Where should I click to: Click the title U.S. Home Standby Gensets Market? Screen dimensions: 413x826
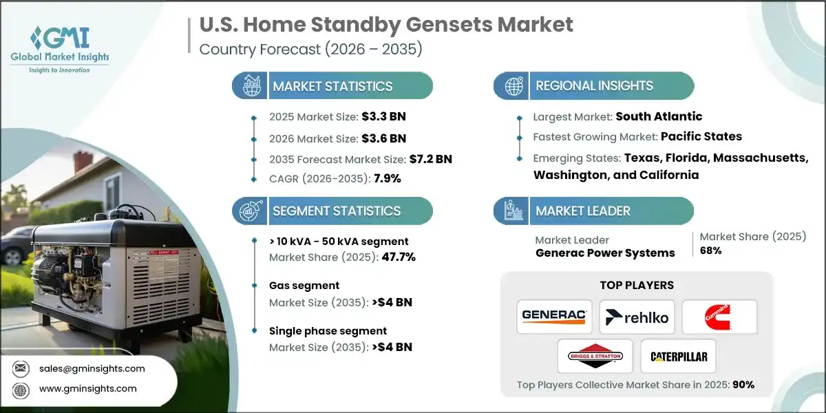[385, 25]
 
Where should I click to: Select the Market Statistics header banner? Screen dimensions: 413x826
[332, 86]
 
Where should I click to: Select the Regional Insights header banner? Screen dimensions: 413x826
[593, 86]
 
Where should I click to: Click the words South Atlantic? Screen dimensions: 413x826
[659, 116]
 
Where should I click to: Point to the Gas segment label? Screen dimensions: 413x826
[304, 286]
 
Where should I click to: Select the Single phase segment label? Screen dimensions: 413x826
[328, 331]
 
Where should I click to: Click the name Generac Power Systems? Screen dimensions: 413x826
[605, 253]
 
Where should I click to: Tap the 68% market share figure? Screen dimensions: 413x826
[711, 251]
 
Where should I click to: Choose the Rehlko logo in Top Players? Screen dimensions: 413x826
[637, 317]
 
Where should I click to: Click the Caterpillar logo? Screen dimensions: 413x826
[678, 357]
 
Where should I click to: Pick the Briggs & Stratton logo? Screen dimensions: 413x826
[595, 357]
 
